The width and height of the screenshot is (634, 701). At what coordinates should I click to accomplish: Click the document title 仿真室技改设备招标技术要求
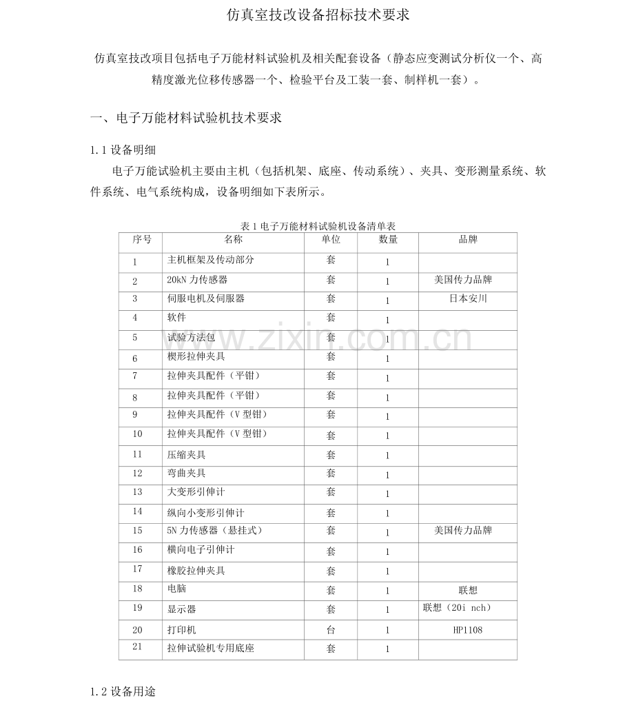point(318,15)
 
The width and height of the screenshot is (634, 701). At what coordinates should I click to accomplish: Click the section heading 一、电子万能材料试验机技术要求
point(186,118)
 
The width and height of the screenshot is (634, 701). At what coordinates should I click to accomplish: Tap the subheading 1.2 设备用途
point(123,691)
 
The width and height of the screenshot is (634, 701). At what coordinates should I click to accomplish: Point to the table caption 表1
point(318,226)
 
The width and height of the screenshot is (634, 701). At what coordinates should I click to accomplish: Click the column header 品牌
point(468,239)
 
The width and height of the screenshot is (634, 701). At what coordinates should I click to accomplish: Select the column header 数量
point(388,239)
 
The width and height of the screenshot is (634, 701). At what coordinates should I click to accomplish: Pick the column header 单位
point(331,239)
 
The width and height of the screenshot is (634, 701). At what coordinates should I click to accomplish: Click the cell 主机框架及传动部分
point(211,260)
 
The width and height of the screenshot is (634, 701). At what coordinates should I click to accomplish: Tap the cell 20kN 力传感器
point(197,280)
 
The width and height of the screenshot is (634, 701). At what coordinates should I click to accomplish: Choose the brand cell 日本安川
point(468,298)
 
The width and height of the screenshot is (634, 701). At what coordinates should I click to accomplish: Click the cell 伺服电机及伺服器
point(206,298)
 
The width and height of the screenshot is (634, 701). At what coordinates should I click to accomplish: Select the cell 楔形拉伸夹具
point(196,357)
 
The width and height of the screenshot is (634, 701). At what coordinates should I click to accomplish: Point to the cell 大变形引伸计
point(196,492)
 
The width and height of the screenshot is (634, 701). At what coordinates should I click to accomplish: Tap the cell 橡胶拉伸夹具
point(196,571)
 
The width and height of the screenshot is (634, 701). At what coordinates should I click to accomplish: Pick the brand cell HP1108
point(468,629)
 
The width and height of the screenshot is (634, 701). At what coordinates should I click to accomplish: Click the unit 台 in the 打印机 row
point(331,629)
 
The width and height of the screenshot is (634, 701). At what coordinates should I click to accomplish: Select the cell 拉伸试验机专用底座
point(211,648)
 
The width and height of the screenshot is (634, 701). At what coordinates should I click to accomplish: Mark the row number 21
point(136,646)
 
